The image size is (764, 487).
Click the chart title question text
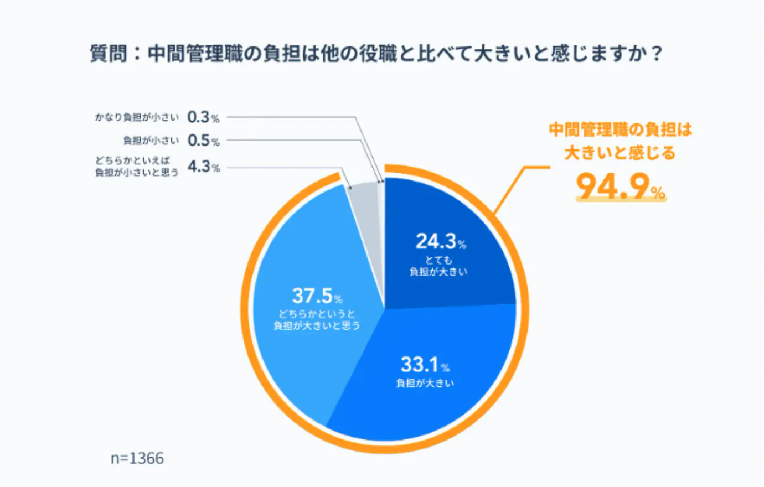click(376, 54)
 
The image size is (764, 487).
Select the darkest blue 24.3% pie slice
click(443, 246)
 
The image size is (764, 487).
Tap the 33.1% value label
click(425, 365)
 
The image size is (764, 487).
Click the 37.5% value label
click(317, 296)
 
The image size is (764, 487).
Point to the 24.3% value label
click(441, 241)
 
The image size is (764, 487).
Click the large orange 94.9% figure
click(621, 186)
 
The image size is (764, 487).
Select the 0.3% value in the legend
click(203, 117)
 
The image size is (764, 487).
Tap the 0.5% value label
click(204, 141)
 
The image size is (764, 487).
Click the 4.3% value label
click(204, 167)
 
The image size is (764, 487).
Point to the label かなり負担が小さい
click(137, 118)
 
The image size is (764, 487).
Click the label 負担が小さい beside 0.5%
click(151, 141)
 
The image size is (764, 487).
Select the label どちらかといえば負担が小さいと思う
click(137, 167)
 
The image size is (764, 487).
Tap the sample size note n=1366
click(137, 458)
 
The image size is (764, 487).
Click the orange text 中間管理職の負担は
click(621, 130)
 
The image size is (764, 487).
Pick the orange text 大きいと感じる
click(620, 153)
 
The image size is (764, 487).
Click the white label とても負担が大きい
click(438, 266)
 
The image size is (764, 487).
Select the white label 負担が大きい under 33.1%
click(425, 383)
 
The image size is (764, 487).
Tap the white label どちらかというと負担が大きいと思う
click(317, 319)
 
